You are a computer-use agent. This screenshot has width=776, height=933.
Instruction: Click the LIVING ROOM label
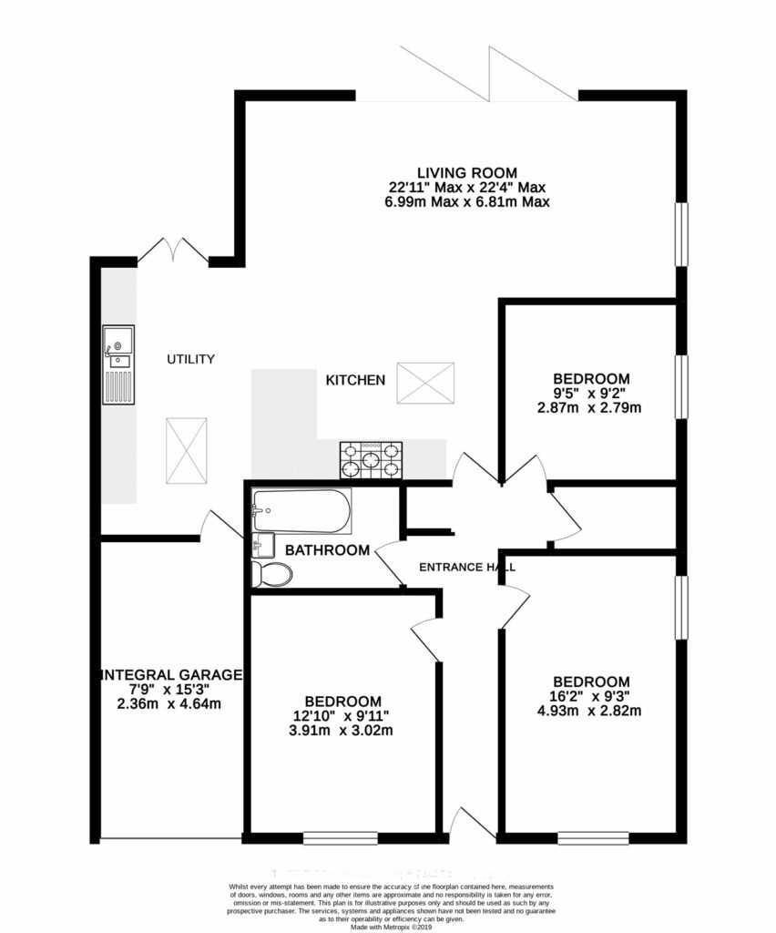coord(467,172)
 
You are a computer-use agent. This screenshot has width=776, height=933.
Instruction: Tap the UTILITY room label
coord(190,360)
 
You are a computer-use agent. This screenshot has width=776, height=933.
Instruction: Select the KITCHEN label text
coord(355,380)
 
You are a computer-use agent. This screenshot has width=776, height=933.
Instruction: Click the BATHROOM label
coord(327,550)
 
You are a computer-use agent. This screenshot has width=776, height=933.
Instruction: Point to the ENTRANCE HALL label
coord(466,568)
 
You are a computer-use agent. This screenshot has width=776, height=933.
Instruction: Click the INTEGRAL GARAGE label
coord(171,675)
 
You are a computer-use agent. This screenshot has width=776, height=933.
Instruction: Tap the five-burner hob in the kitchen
coord(371,460)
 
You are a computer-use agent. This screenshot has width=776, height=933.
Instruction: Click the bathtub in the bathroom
coord(301,512)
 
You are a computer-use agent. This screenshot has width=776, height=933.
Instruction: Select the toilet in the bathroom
coord(272,573)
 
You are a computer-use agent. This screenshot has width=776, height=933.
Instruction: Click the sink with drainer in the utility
coord(118,364)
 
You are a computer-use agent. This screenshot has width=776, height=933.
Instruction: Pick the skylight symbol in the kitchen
coord(425,382)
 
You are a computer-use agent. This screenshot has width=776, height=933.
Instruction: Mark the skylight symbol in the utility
coord(188,452)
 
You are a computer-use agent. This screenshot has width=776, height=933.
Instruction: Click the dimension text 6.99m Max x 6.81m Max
coord(467,201)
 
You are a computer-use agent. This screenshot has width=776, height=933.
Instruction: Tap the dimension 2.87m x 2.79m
coord(591,407)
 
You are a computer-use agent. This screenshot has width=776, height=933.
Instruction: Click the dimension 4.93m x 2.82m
coord(591,711)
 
